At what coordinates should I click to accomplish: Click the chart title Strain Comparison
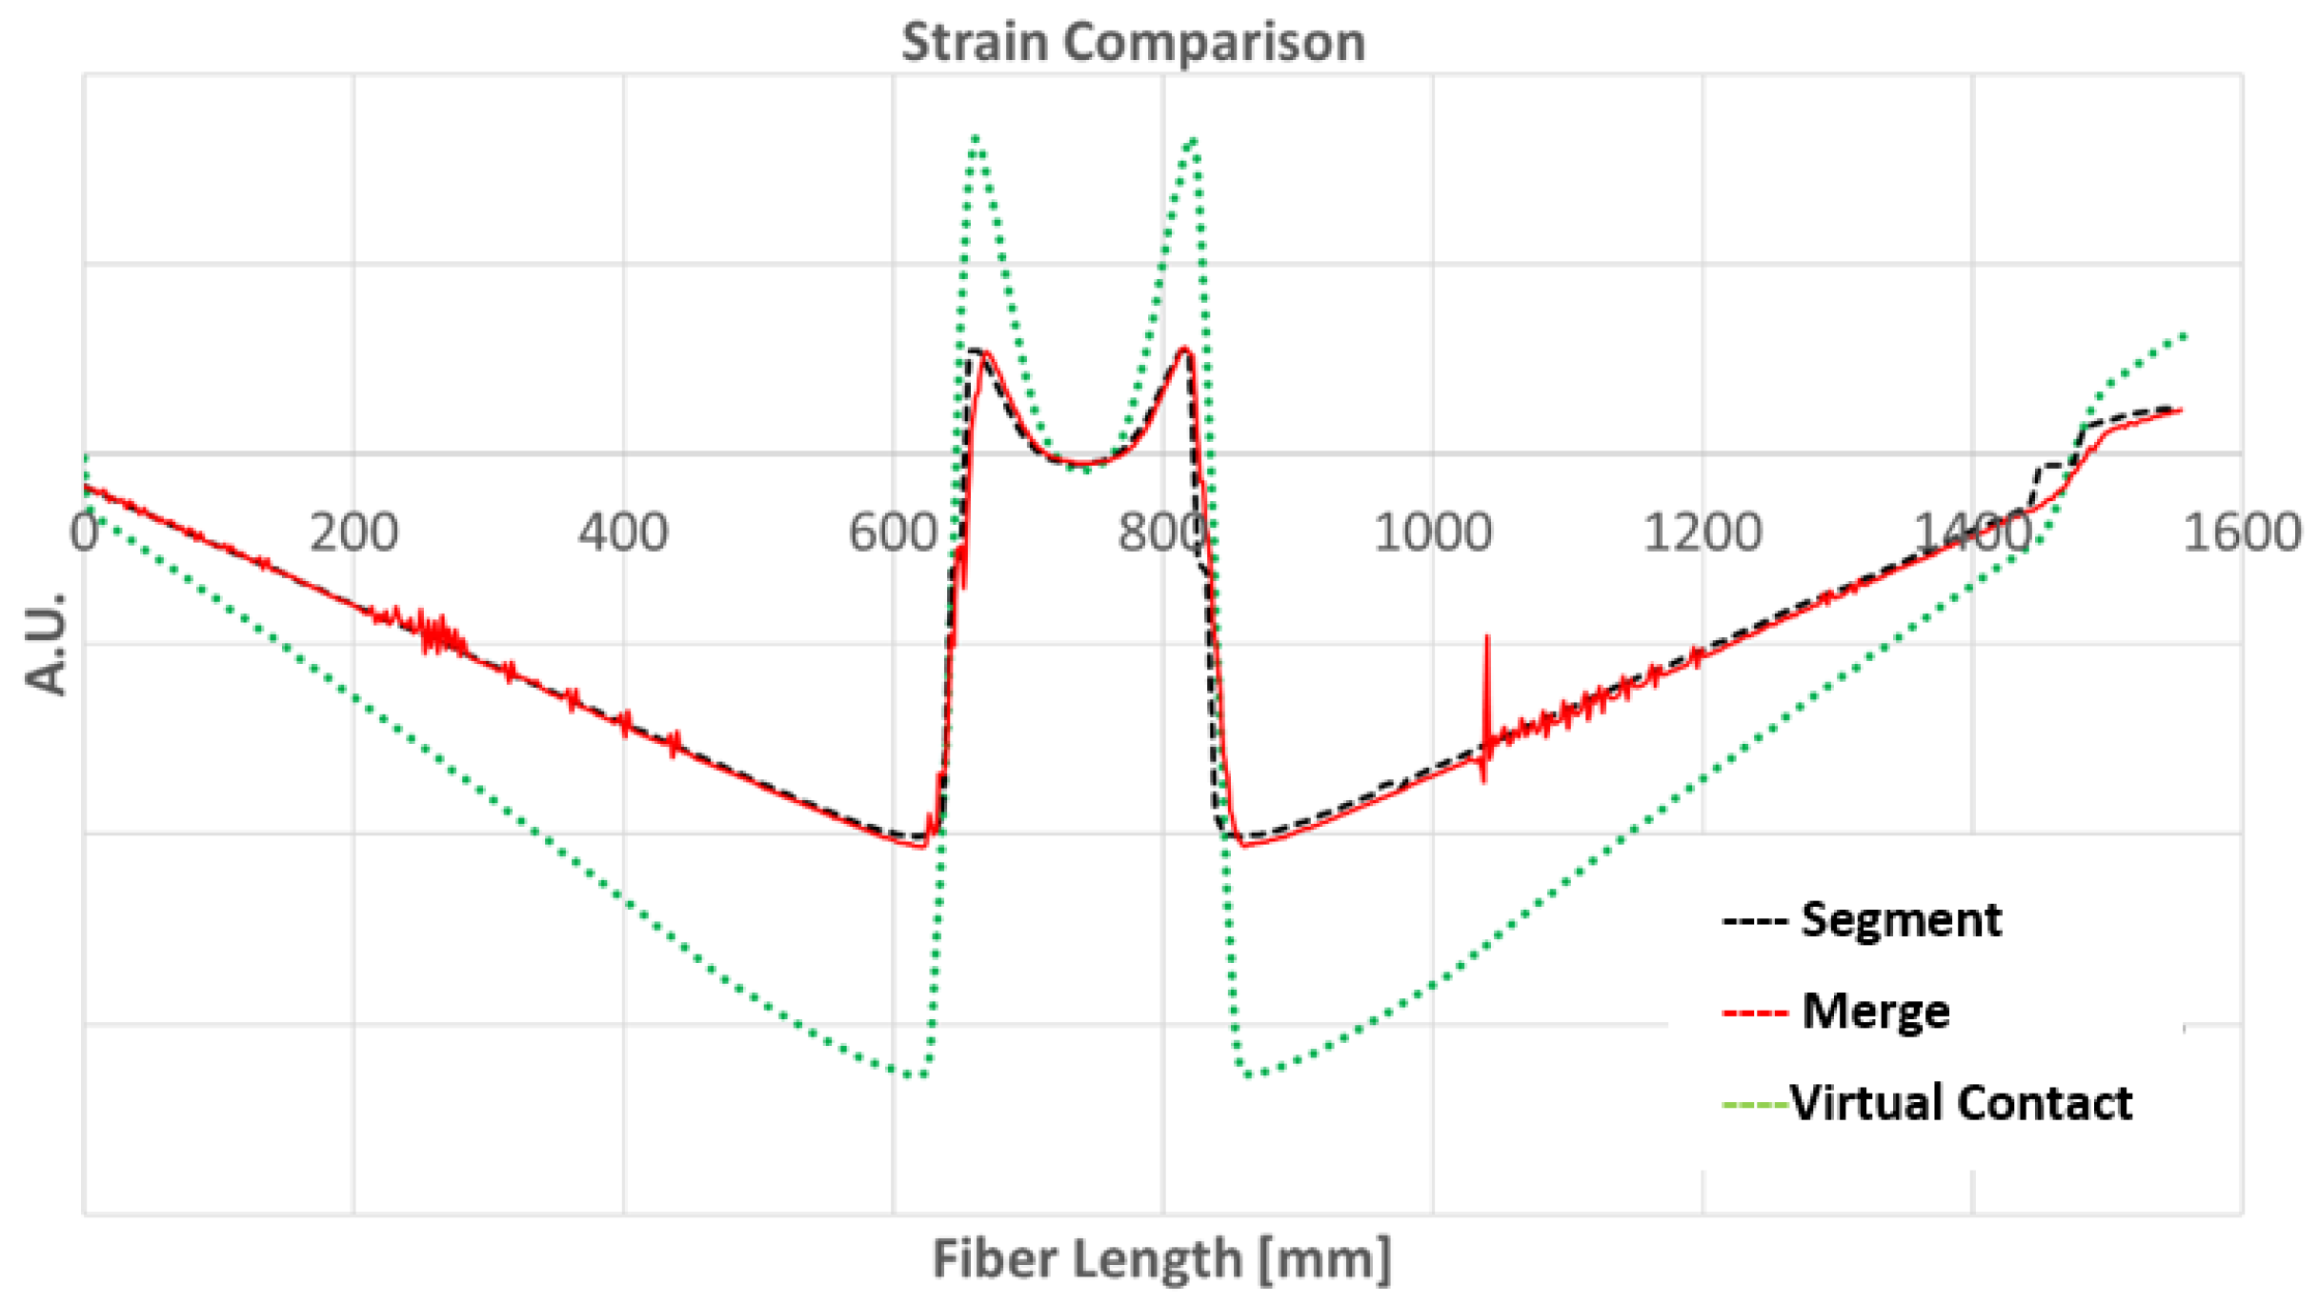coord(1133,43)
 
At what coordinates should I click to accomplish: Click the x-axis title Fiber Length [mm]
coord(1161,1258)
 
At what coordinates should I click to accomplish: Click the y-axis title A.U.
coord(47,644)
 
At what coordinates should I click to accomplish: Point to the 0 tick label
coord(84,532)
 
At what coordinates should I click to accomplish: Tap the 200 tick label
coord(353,532)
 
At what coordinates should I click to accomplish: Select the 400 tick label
coord(623,532)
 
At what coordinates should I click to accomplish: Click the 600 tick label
coord(893,532)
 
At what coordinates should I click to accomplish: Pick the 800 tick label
coord(1162,532)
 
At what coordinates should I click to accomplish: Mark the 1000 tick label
coord(1432,532)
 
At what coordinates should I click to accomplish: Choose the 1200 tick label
coord(1703,532)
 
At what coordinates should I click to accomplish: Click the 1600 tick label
coord(2242,532)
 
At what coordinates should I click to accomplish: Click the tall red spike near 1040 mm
coord(1486,667)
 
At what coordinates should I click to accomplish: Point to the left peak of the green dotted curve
coord(976,139)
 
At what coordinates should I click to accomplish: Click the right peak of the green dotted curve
coord(1192,141)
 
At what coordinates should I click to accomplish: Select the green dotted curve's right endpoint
coord(2183,335)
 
